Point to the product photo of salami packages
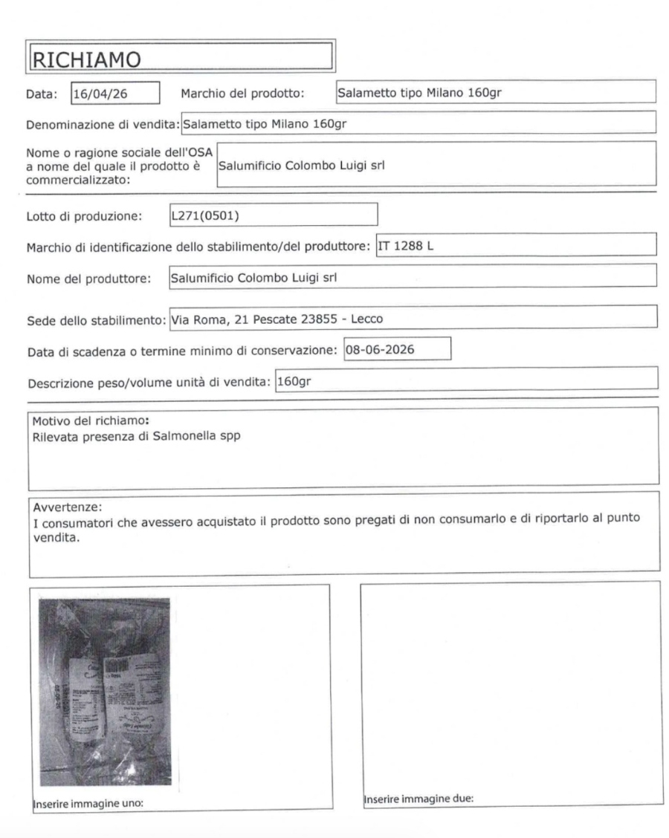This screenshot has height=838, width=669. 103,691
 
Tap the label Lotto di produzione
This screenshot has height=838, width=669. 74,217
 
